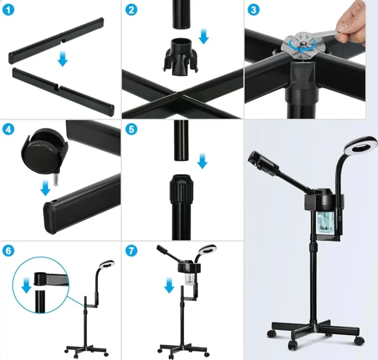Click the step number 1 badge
tap(8, 10)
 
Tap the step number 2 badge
tap(131, 10)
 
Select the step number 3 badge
tap(253, 10)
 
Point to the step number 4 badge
tap(8, 129)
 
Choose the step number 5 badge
tap(131, 129)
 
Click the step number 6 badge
tap(8, 251)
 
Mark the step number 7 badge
tap(131, 251)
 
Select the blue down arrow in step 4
tap(45, 188)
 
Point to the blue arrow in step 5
tap(202, 160)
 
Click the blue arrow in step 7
tap(169, 285)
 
